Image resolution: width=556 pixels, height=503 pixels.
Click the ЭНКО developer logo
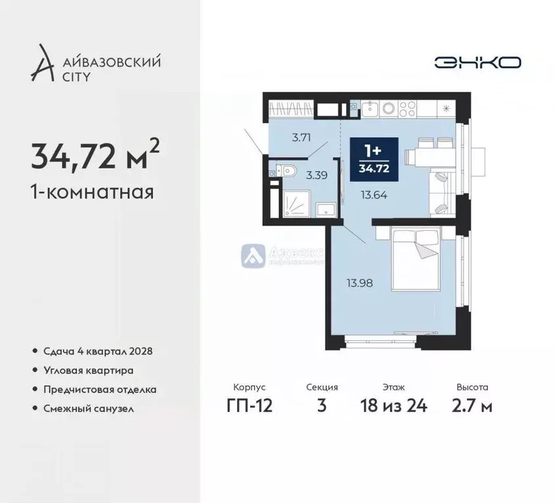click(x=477, y=62)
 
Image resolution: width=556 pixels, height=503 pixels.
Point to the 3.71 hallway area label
click(x=300, y=138)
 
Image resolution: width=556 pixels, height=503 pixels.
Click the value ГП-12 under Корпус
click(x=249, y=406)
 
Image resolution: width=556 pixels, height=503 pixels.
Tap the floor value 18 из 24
click(x=394, y=406)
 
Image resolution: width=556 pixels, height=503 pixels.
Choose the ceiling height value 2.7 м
click(x=472, y=406)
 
